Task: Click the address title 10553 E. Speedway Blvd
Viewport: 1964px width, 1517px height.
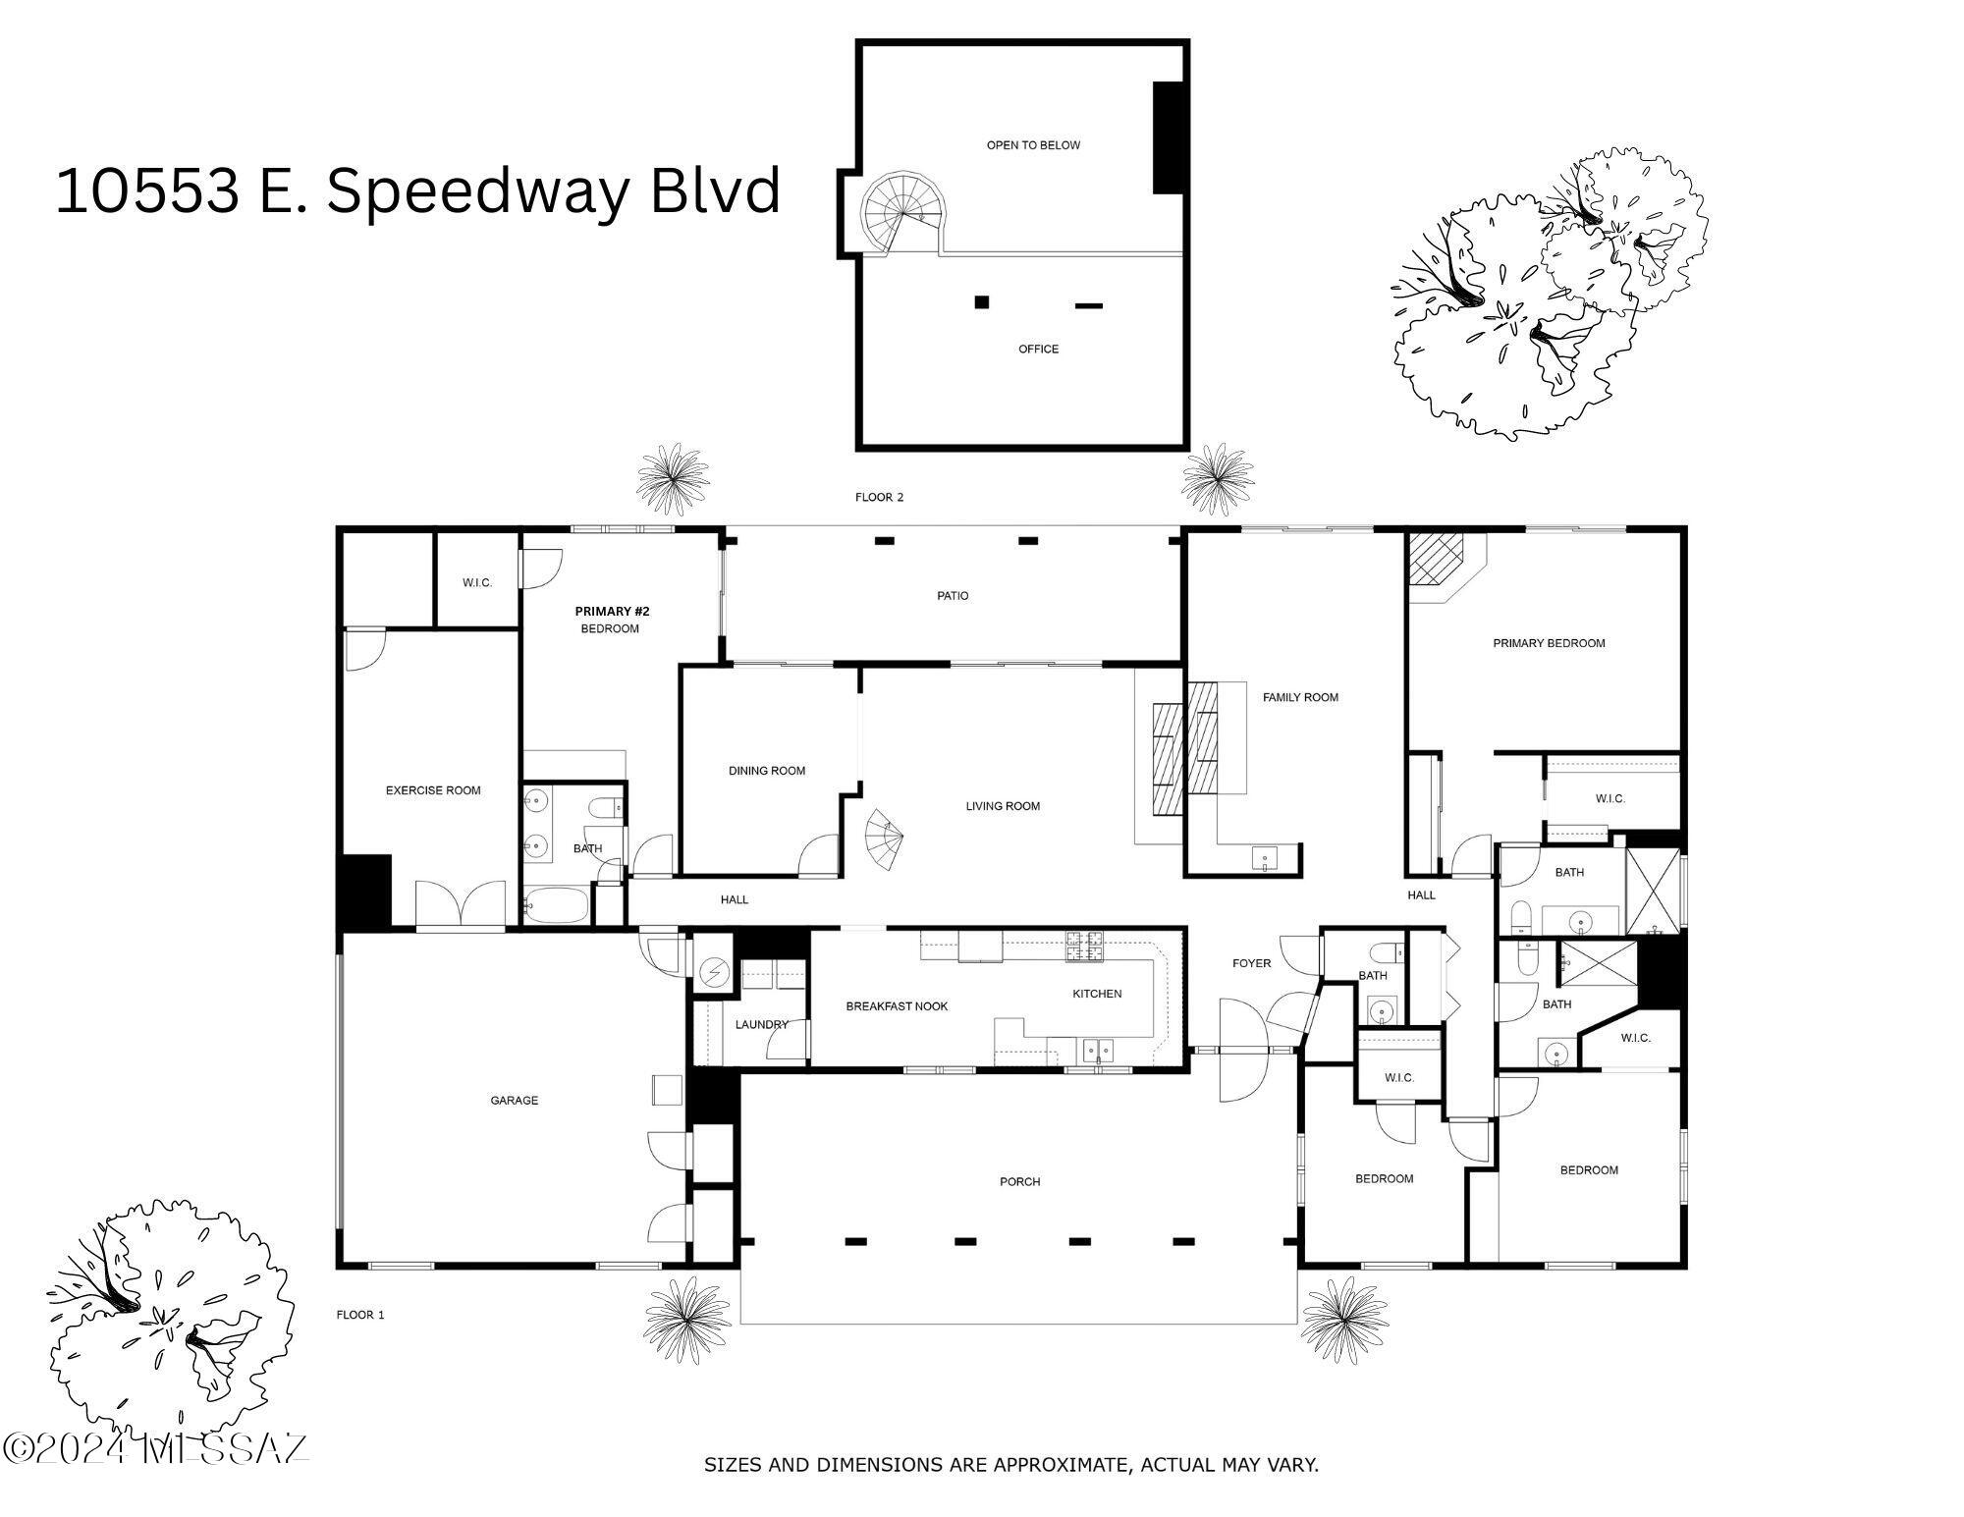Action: [417, 190]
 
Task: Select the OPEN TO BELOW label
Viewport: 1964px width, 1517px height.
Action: [1033, 145]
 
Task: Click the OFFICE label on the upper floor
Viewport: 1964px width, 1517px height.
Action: [1038, 349]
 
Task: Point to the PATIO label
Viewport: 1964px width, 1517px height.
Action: [953, 596]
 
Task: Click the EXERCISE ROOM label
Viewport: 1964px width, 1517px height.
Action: [433, 790]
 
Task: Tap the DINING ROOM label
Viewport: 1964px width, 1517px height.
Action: [767, 771]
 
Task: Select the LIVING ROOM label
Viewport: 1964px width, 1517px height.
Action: [1003, 806]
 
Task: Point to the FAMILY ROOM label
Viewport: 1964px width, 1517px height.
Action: [1300, 697]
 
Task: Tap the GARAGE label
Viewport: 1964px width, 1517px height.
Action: [515, 1101]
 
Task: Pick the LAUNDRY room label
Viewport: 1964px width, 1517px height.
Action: [762, 1024]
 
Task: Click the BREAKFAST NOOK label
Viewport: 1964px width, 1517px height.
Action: [897, 1006]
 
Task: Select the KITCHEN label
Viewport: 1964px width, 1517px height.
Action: [1097, 994]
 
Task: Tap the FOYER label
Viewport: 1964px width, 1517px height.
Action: [1251, 963]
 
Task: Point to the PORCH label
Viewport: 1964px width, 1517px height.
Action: [1019, 1181]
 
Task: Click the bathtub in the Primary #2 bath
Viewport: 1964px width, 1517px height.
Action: [556, 905]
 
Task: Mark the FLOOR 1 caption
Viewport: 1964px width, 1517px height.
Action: [360, 1315]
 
